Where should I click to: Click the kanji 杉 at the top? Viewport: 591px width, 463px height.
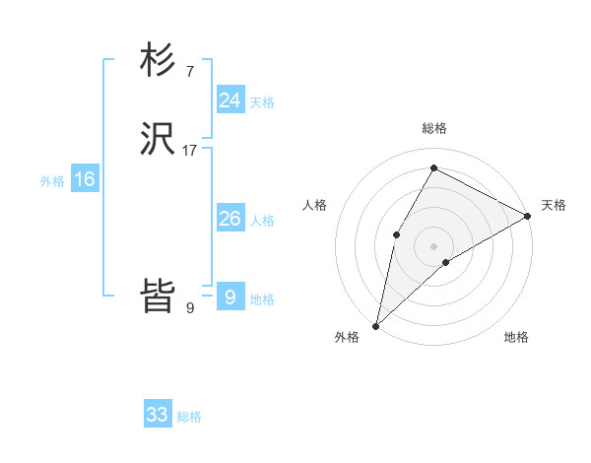click(x=158, y=61)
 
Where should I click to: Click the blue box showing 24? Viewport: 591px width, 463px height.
click(x=230, y=100)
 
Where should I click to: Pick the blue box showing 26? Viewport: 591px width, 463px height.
click(x=230, y=219)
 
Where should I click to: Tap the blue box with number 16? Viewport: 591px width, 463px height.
click(x=84, y=179)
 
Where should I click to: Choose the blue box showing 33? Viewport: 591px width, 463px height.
click(x=158, y=415)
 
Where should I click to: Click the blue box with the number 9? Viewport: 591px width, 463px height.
click(x=230, y=298)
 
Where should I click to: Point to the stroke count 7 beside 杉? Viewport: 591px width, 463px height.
click(x=189, y=72)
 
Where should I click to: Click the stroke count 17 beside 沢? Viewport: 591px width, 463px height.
click(x=190, y=151)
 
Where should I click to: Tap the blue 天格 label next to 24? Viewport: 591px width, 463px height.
click(x=262, y=102)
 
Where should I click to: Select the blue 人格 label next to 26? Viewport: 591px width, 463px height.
click(x=262, y=221)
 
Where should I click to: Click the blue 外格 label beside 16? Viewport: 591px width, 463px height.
click(x=52, y=181)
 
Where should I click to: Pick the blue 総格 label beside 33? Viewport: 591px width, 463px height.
click(x=190, y=417)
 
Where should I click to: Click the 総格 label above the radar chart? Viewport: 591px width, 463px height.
click(x=434, y=128)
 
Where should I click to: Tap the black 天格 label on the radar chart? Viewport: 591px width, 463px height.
click(x=554, y=205)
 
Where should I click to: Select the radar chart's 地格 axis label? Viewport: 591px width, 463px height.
click(x=516, y=337)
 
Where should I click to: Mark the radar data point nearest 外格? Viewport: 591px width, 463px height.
click(x=375, y=325)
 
